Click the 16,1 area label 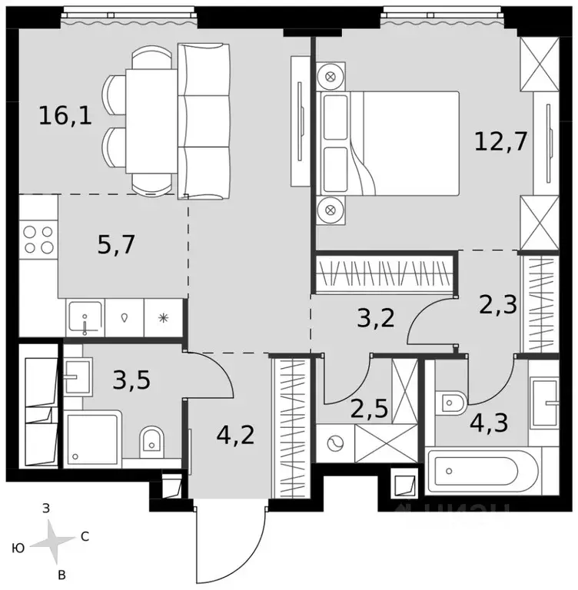click(x=65, y=117)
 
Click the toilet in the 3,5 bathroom click(x=153, y=441)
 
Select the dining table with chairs click(x=154, y=121)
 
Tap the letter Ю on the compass click(x=17, y=548)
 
